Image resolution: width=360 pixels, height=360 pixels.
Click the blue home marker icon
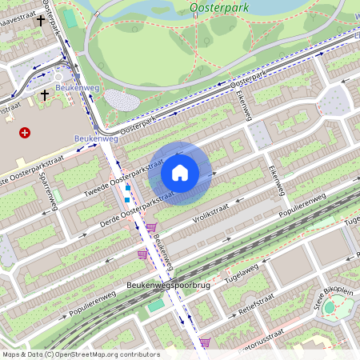click(180, 172)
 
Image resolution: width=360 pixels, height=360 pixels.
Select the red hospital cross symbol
click(25, 133)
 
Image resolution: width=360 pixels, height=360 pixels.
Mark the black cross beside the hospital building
click(45, 95)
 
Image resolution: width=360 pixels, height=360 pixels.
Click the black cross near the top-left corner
click(38, 21)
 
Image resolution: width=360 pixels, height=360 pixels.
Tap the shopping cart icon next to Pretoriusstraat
click(206, 343)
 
